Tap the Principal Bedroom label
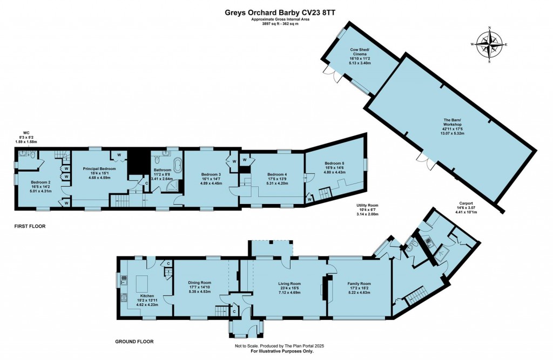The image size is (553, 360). [x=100, y=169]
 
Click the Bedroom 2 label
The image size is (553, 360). [x=41, y=182]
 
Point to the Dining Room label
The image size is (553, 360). [x=199, y=282]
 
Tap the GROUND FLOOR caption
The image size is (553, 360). [x=134, y=342]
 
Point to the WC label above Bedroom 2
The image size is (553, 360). [x=25, y=132]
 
